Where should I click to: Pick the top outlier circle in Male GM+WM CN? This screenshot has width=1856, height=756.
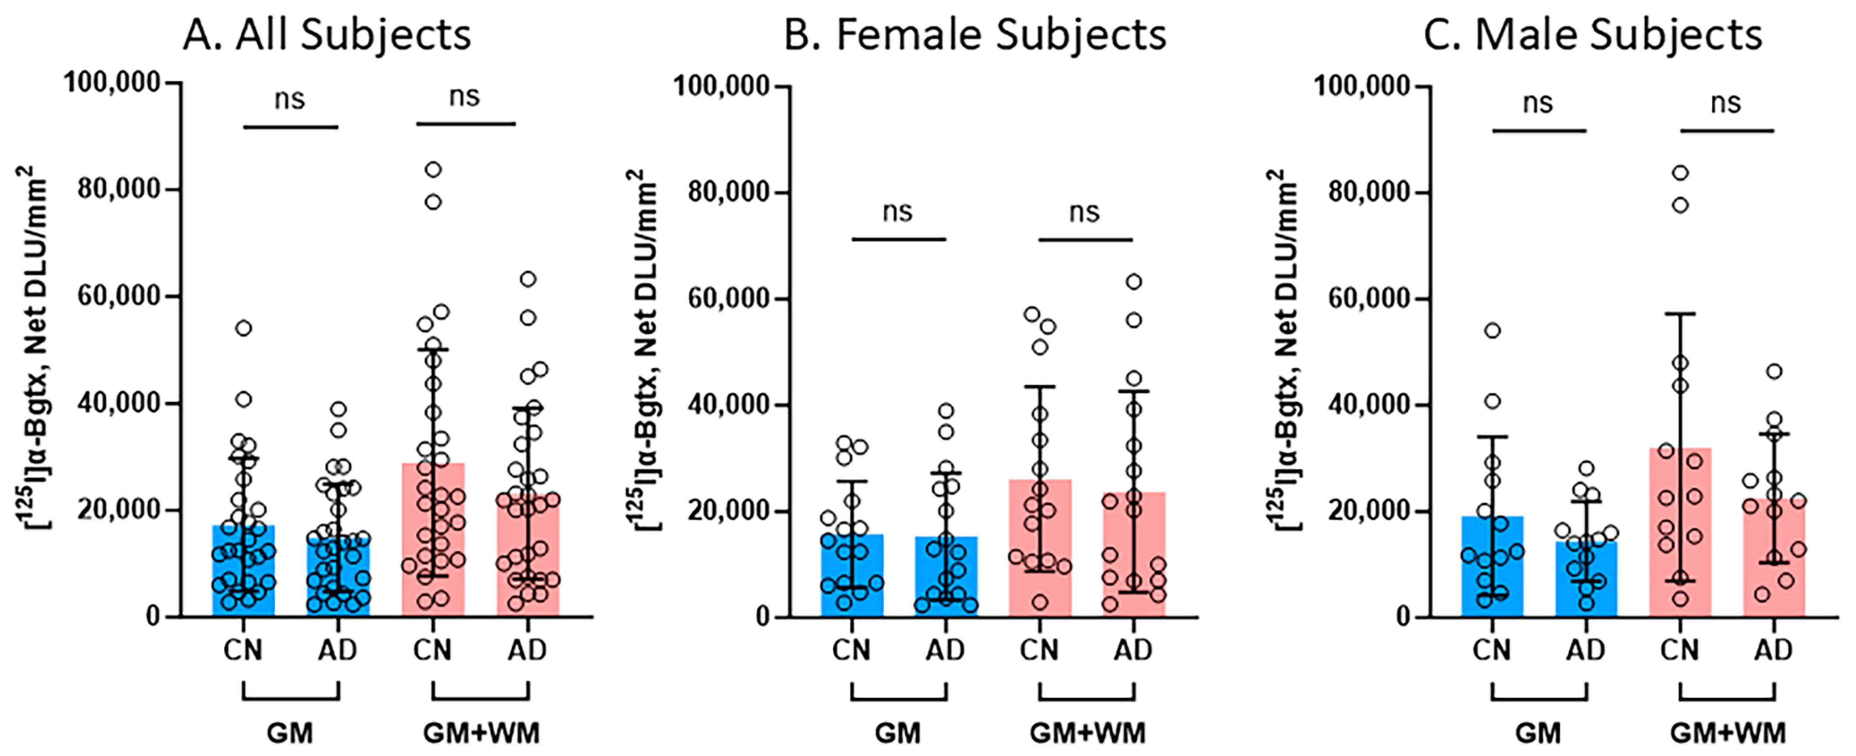click(x=1680, y=173)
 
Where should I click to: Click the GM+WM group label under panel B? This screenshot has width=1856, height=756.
click(x=1087, y=733)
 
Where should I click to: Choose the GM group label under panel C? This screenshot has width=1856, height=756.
click(x=1538, y=733)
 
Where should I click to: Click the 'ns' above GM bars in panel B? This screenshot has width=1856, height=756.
click(x=898, y=212)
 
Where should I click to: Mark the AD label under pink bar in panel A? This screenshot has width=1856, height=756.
click(x=527, y=650)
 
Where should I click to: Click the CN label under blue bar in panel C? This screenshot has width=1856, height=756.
click(x=1492, y=650)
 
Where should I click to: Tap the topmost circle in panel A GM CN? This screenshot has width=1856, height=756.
click(x=244, y=329)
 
